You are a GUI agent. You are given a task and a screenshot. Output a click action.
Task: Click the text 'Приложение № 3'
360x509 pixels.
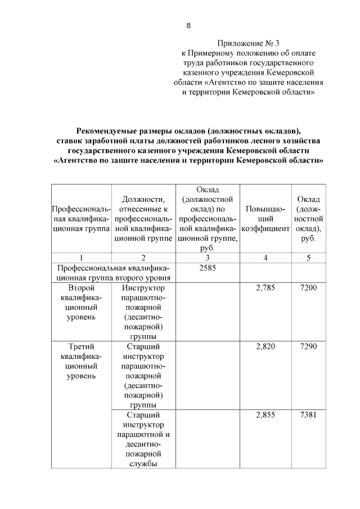[x=248, y=43]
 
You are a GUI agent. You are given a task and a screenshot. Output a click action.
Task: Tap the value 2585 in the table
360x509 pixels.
[x=208, y=268]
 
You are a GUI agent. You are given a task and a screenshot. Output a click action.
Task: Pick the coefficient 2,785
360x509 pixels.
[x=265, y=288]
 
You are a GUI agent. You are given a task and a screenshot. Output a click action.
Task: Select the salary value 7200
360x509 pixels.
[x=309, y=288]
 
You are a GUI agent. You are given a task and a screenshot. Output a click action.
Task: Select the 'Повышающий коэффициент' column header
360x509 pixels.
[x=265, y=219]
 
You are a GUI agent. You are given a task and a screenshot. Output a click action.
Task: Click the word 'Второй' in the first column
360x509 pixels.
[x=81, y=288]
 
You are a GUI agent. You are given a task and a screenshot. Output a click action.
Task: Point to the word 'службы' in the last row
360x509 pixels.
[x=143, y=464]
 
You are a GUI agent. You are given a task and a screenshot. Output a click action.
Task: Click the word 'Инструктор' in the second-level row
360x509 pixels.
[x=143, y=288]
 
